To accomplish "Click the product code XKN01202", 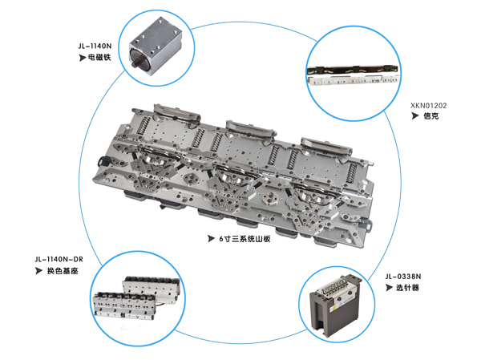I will (x=429, y=104).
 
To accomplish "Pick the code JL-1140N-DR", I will (x=58, y=259).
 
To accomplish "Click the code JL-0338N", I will (x=407, y=276).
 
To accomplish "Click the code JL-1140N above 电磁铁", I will (x=95, y=47).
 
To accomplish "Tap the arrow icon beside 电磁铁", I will (x=83, y=59).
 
